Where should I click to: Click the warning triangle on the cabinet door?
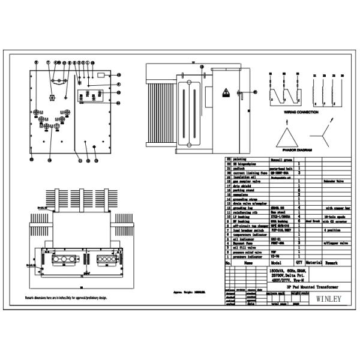pyautogui.click(x=227, y=93)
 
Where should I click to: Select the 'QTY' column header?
pyautogui.click(x=299, y=263)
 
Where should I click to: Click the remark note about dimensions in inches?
pyautogui.click(x=65, y=298)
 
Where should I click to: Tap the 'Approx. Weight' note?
pyautogui.click(x=189, y=292)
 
